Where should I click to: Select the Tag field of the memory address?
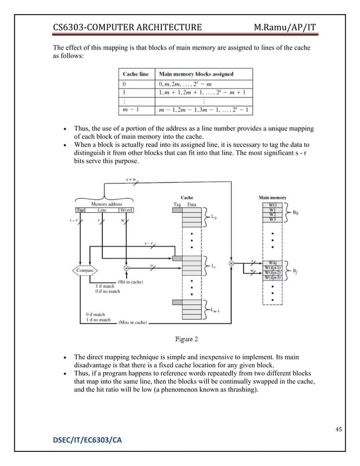[x=80, y=210]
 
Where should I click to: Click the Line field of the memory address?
[x=102, y=210]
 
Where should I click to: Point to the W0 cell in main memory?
[x=272, y=204]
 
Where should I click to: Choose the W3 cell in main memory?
[x=272, y=219]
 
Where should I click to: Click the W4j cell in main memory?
[x=272, y=262]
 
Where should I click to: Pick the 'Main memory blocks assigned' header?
[x=196, y=74]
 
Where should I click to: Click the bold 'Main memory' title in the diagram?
[x=272, y=197]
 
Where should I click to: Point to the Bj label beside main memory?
[x=296, y=271]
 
